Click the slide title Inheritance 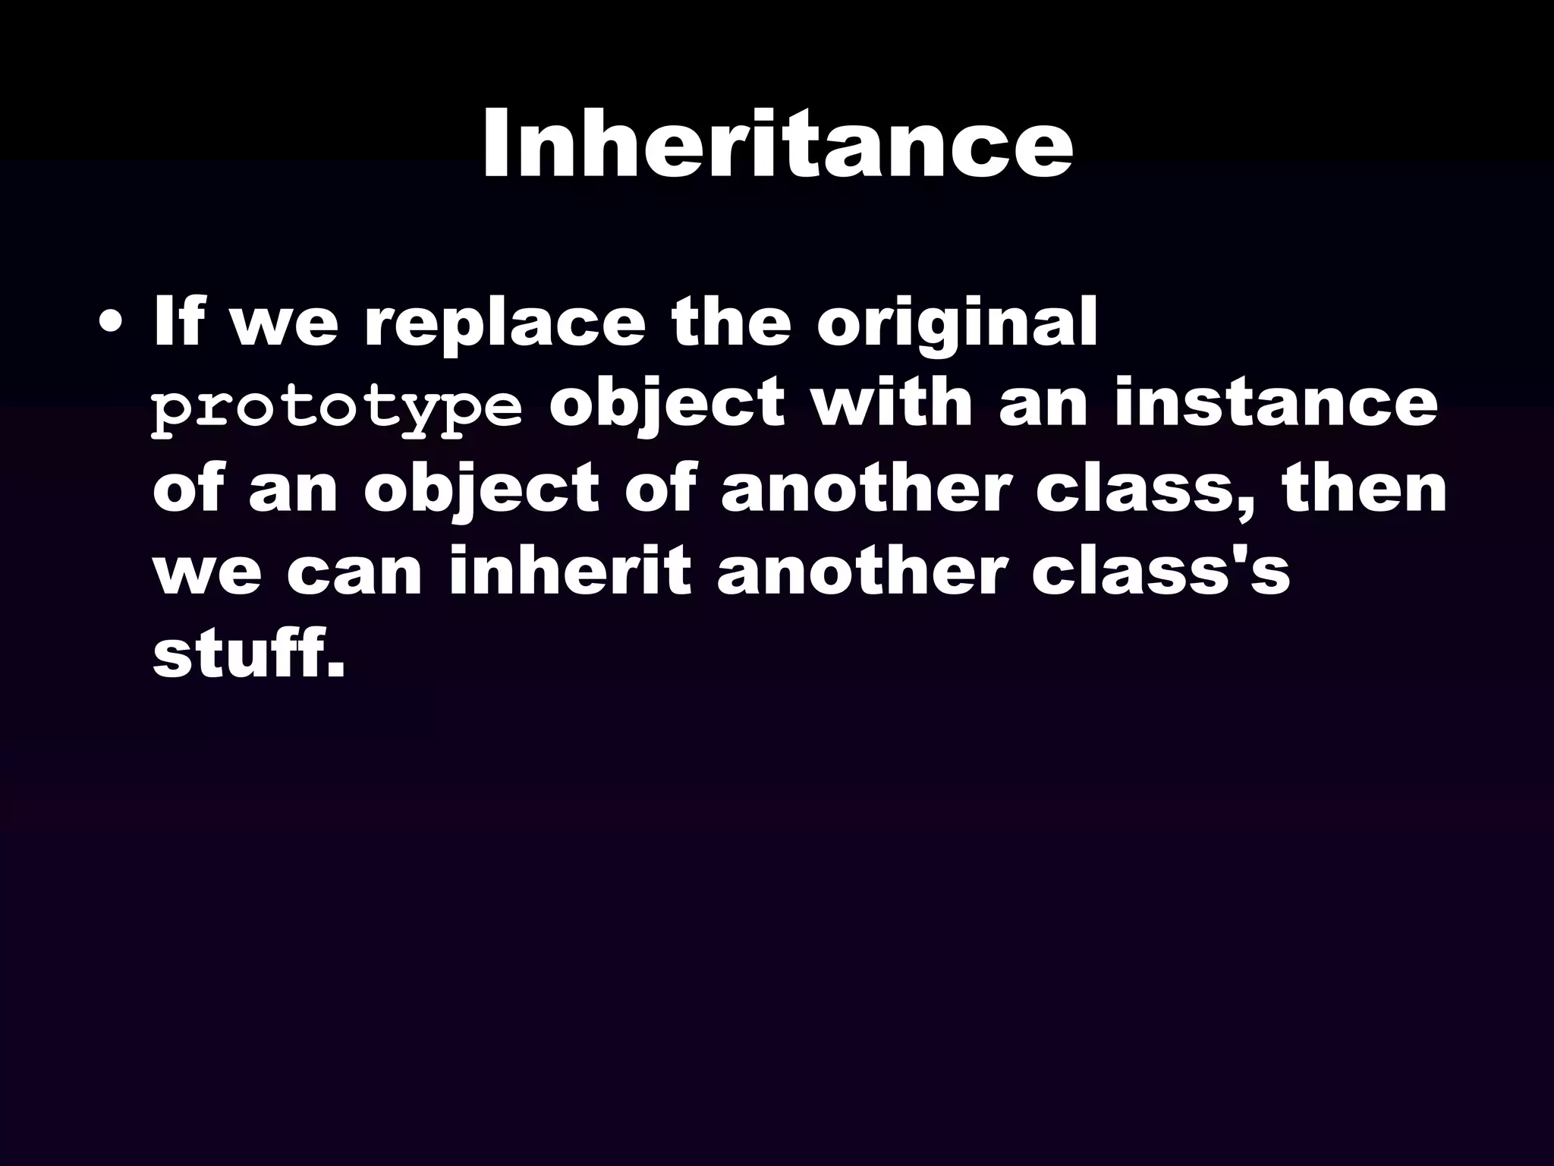pyautogui.click(x=777, y=144)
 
